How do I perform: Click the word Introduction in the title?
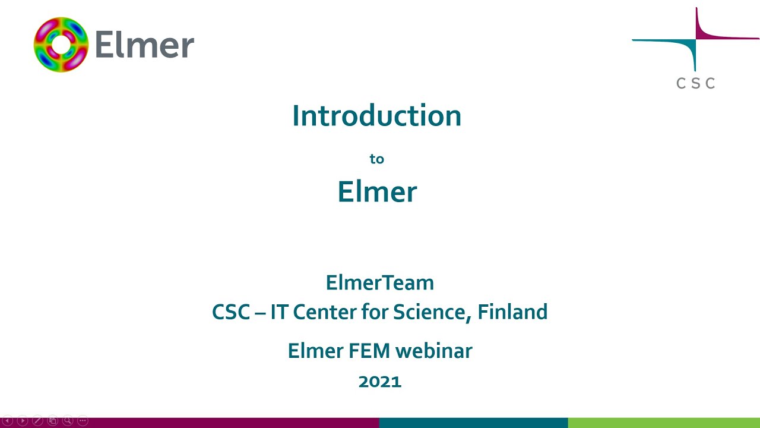[376, 115]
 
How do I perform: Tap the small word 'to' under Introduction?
[376, 159]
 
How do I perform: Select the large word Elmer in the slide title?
[377, 192]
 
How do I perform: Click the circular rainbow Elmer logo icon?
[61, 45]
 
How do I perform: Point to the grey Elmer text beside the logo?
[144, 45]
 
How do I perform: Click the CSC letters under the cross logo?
[695, 83]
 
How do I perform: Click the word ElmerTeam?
[379, 282]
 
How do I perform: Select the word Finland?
[512, 312]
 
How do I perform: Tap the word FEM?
[372, 351]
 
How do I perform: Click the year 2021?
[380, 382]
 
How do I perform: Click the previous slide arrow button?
[8, 421]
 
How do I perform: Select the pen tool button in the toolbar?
[37, 421]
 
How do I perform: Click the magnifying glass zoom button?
[68, 421]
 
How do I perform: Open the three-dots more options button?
[83, 421]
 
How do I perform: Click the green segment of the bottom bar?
[664, 423]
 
